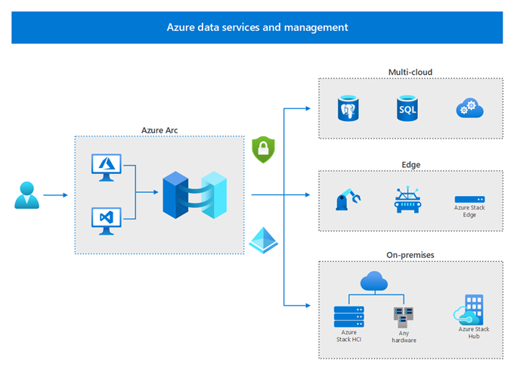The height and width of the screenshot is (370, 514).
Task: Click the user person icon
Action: (27, 195)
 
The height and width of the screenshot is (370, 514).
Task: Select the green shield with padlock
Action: (263, 150)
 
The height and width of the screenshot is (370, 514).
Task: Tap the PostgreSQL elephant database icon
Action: (348, 108)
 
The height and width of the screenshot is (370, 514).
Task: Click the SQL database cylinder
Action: (407, 108)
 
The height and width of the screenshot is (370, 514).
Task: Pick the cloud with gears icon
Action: (469, 108)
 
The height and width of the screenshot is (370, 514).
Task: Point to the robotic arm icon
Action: (348, 200)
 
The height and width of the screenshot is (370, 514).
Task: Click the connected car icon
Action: (407, 200)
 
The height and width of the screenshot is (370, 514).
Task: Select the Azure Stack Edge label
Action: (469, 211)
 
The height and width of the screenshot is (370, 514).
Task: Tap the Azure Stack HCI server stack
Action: (348, 316)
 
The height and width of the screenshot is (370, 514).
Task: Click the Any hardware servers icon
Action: (404, 317)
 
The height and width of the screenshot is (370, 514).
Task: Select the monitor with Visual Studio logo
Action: (107, 221)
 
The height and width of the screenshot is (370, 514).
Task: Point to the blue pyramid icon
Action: (264, 240)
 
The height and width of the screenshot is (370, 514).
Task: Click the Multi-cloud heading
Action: (410, 72)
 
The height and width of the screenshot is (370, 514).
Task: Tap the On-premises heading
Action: (410, 255)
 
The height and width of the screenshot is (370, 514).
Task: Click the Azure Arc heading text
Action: (159, 130)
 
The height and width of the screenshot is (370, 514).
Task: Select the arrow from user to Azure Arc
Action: (55, 195)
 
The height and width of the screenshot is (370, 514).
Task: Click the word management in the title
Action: (316, 27)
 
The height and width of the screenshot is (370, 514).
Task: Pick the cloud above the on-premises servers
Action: (374, 281)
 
